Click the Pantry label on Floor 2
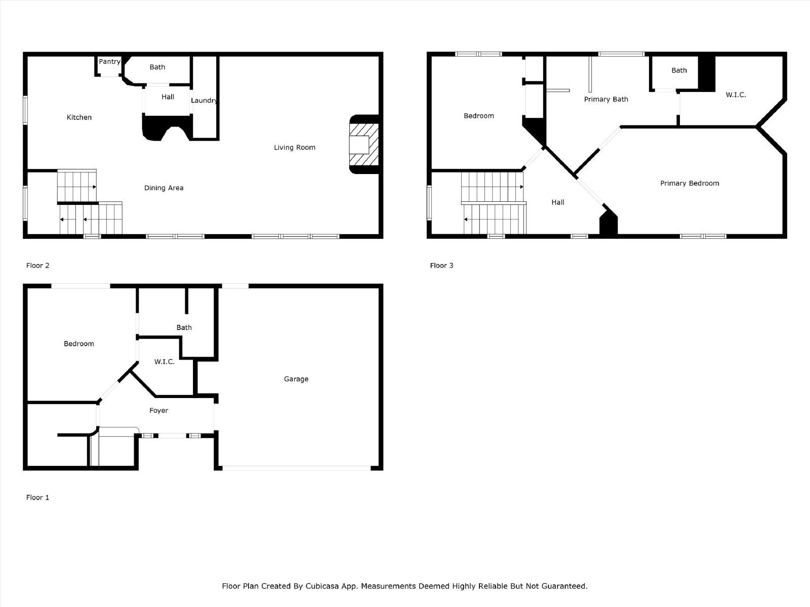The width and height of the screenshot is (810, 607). coord(109,62)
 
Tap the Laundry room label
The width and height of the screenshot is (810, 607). coord(204,101)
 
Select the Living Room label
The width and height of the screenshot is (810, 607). coord(295,147)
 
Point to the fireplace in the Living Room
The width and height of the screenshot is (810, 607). coord(364,144)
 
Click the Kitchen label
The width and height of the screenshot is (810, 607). coord(79,117)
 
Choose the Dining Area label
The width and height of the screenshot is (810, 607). coord(164,188)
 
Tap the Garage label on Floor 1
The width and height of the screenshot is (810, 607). coord(296,379)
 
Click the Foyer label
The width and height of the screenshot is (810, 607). coord(158,411)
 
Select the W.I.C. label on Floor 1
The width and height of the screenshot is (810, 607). coord(164,362)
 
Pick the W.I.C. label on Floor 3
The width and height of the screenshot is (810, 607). coord(736,95)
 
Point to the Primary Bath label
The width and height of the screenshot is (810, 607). coord(606,99)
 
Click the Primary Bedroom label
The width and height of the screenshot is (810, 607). coord(690,183)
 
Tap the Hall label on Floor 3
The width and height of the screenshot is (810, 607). coord(558,202)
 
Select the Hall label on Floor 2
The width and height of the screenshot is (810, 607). coord(168,97)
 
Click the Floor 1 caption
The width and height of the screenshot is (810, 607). coord(37,498)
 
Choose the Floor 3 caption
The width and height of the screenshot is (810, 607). coord(442,266)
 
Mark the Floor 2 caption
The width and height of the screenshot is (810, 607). coord(37,266)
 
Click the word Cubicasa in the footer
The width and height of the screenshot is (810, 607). coord(322,586)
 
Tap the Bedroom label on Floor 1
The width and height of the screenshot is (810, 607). coord(79,343)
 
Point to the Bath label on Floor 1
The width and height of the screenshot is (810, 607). coord(184,327)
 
